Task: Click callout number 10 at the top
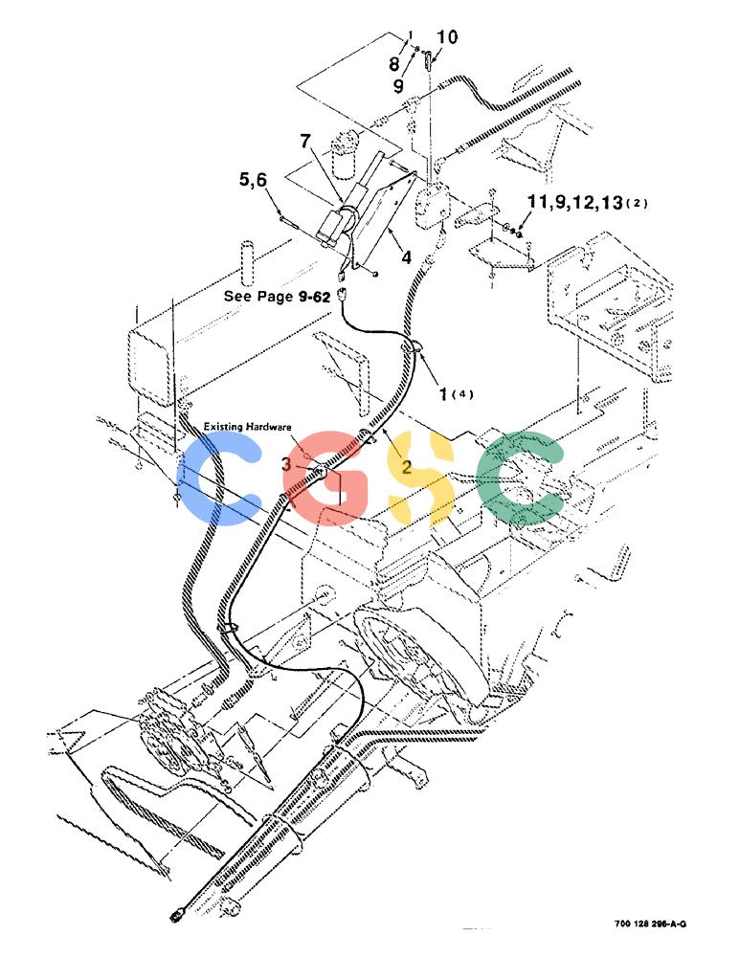coord(446,37)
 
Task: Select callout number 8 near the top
coord(394,63)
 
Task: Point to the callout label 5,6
coord(253,180)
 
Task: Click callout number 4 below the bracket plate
coord(406,257)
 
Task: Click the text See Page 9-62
coord(277,296)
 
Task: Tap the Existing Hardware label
coord(247,426)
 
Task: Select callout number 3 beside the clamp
coord(286,464)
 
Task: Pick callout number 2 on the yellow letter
coord(406,469)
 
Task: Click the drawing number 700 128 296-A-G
coord(650,924)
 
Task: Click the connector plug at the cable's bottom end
coord(175,914)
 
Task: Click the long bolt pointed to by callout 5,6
coord(287,220)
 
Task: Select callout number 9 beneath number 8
coord(398,86)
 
